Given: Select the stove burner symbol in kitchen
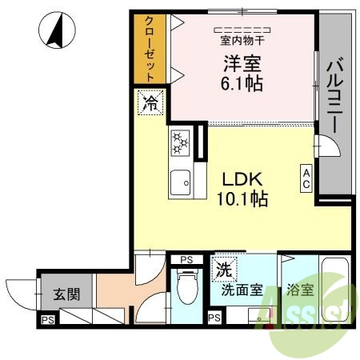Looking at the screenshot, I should click(x=181, y=145).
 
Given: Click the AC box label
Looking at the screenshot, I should click(x=306, y=178).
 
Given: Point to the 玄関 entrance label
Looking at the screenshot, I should click(x=66, y=294).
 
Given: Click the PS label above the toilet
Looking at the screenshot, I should click(x=186, y=259).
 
